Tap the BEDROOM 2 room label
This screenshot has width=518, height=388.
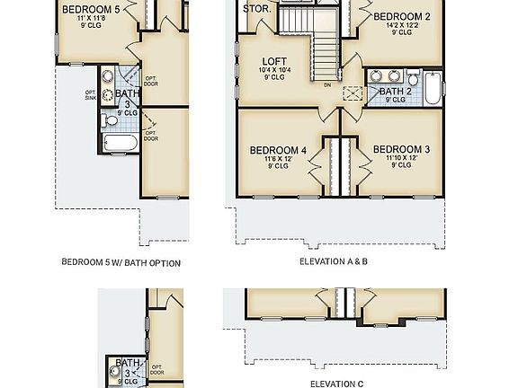point(402,16)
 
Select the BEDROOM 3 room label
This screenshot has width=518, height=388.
point(401,149)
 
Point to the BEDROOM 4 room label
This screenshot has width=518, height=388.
point(278,149)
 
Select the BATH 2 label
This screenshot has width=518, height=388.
point(396,91)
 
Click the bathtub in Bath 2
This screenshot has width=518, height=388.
point(433,91)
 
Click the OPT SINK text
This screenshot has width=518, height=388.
point(91,95)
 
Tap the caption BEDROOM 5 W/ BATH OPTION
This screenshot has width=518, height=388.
point(121,263)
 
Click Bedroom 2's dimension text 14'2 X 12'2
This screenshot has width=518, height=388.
point(402,25)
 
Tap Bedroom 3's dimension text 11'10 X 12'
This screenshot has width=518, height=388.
point(401,158)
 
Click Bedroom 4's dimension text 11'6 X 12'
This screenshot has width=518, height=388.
point(278,158)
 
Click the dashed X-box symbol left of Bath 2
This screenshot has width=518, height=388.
point(354,92)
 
